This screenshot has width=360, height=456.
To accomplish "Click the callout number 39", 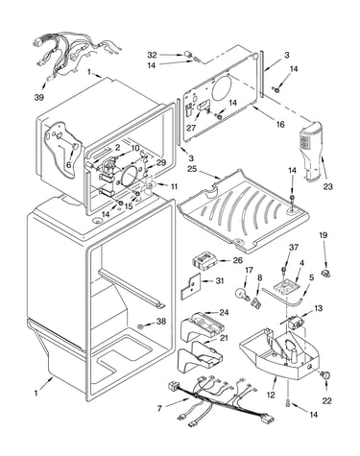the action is click(x=39, y=97).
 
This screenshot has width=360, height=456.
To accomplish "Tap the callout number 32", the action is click(x=153, y=55).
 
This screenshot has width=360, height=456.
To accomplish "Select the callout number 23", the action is click(x=328, y=186).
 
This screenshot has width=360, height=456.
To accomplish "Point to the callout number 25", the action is click(x=192, y=168).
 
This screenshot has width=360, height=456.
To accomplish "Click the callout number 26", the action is click(x=238, y=260).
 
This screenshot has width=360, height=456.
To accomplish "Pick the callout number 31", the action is click(x=220, y=280).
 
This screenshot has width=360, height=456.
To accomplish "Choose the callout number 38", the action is click(x=161, y=321).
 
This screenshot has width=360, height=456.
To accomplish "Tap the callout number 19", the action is click(x=324, y=235).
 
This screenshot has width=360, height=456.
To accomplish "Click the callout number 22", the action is click(x=326, y=400).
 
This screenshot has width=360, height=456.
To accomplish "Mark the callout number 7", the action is click(x=159, y=408).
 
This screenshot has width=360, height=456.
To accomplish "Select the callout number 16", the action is click(x=280, y=124).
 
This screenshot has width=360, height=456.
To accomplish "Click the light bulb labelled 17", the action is click(x=242, y=294).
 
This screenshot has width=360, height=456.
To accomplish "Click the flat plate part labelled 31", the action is click(x=190, y=286).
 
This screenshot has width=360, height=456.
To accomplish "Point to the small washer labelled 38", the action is click(x=140, y=326).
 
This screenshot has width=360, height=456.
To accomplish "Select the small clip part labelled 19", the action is click(x=326, y=274).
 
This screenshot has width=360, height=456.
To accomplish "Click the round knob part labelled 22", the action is click(x=326, y=376).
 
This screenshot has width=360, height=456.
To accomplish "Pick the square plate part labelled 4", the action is click(x=286, y=286).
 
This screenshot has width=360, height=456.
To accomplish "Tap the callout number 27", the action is click(x=191, y=128).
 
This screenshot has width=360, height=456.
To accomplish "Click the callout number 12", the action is click(x=271, y=395).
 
